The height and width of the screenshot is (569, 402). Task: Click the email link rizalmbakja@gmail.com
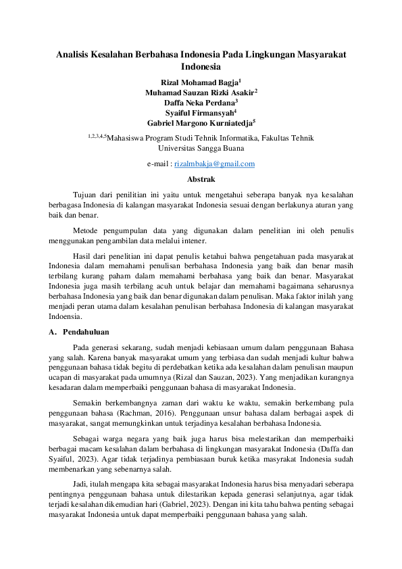[x=214, y=164]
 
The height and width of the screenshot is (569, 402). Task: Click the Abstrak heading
[x=201, y=179]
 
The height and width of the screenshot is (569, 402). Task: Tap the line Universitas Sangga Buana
[x=201, y=147]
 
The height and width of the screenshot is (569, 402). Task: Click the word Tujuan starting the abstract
[x=85, y=194]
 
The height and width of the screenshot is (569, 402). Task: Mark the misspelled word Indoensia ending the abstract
[x=66, y=316]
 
